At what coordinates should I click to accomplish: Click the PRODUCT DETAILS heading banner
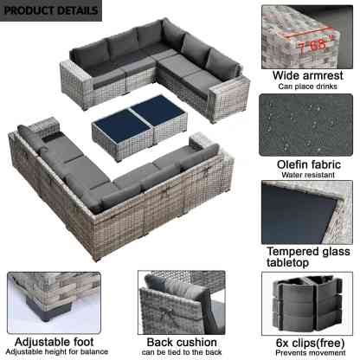click(x=51, y=10)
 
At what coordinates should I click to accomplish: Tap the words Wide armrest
click(x=307, y=75)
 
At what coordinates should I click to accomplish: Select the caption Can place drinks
click(x=307, y=87)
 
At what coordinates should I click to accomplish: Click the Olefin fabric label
click(x=308, y=164)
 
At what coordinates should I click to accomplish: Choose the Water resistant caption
click(x=308, y=175)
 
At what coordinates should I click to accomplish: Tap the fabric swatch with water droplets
click(x=305, y=125)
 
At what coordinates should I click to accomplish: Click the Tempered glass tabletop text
click(x=308, y=257)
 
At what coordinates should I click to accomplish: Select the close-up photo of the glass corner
click(x=307, y=212)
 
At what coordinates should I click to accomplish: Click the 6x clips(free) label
click(x=310, y=343)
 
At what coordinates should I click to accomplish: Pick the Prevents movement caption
click(x=310, y=353)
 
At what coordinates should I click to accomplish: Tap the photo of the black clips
click(x=307, y=304)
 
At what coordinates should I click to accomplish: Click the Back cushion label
click(x=182, y=343)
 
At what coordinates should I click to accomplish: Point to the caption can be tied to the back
click(x=182, y=352)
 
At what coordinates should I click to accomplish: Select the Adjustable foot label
click(x=54, y=342)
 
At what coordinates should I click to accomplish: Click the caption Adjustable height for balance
click(x=57, y=352)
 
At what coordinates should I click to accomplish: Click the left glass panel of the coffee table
click(x=122, y=126)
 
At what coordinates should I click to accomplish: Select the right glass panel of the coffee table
click(x=158, y=110)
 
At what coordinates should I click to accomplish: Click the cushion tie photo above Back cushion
click(x=182, y=302)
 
